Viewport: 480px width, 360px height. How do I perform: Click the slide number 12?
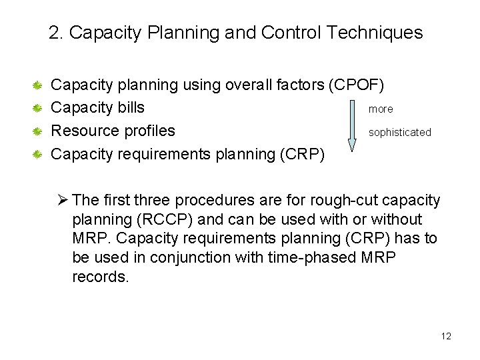click(446, 336)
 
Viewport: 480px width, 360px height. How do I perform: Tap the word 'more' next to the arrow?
click(381, 109)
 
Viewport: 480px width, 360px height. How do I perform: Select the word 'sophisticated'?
click(400, 132)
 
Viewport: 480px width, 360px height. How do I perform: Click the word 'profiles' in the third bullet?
click(149, 131)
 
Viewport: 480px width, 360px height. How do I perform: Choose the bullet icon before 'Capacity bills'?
click(39, 108)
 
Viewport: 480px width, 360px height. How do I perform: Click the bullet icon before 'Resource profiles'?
click(39, 131)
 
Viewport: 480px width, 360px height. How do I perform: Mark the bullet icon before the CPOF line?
click(39, 85)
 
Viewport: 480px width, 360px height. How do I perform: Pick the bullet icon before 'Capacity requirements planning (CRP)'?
click(39, 155)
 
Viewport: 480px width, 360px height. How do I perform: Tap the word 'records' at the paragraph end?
click(99, 277)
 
